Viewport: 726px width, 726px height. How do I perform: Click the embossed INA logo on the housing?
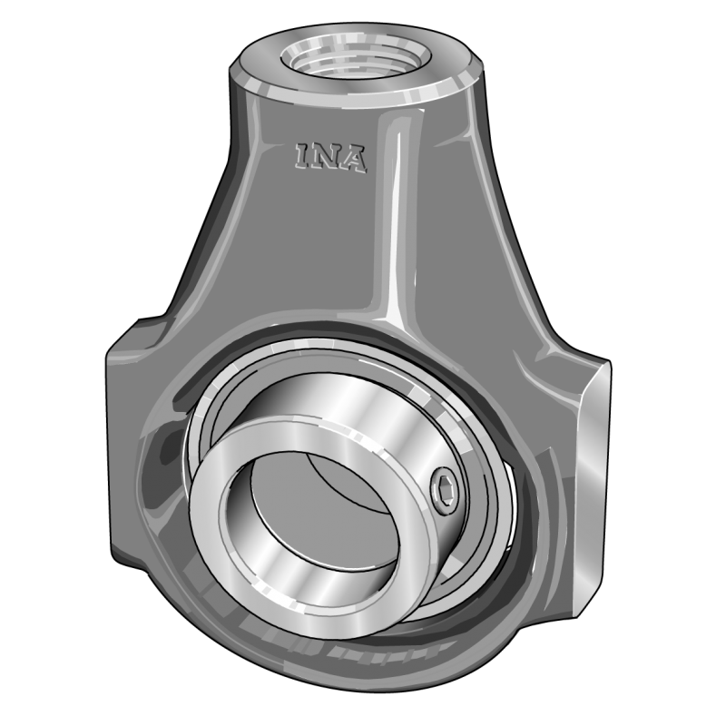329,157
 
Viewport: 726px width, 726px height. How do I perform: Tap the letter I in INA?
303,155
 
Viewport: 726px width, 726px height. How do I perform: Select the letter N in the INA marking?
328,157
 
